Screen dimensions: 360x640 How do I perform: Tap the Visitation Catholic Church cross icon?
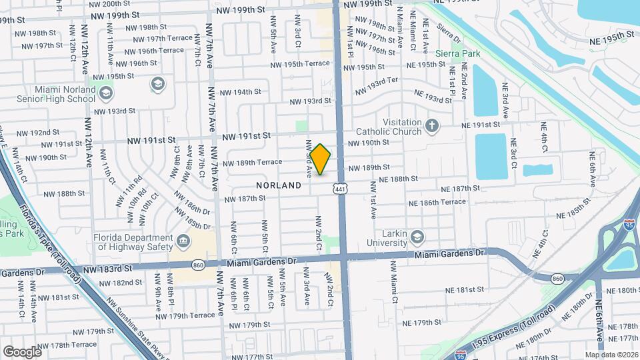pyautogui.click(x=432, y=125)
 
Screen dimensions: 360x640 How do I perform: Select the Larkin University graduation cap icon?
pyautogui.click(x=417, y=237)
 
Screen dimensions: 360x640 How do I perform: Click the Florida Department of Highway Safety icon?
pyautogui.click(x=182, y=240)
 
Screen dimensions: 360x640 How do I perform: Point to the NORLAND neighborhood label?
pyautogui.click(x=279, y=185)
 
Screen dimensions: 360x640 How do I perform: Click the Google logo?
pyautogui.click(x=22, y=351)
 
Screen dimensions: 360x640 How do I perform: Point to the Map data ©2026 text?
pyautogui.click(x=611, y=355)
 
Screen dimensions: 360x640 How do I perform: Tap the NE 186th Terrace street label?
pyautogui.click(x=437, y=202)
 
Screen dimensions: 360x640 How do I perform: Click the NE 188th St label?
pyautogui.click(x=398, y=179)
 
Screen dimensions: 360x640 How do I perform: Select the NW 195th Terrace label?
pyautogui.click(x=300, y=63)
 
